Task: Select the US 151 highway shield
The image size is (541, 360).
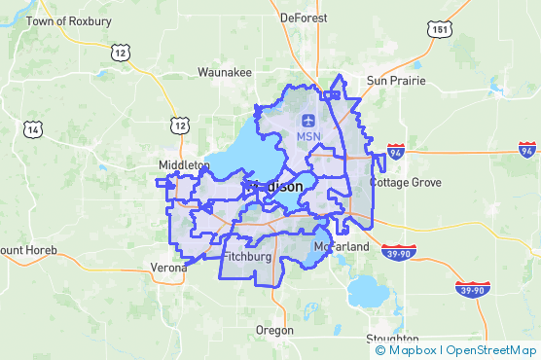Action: [x=443, y=30]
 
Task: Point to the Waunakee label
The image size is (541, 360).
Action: [x=225, y=72]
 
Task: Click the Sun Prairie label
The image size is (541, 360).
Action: [x=395, y=80]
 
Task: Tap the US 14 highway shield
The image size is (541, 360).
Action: [x=35, y=128]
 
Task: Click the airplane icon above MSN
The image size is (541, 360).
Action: [x=308, y=121]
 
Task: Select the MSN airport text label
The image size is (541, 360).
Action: [x=308, y=138]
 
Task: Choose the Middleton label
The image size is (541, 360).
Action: [x=184, y=165]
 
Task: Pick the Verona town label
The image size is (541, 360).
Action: [x=168, y=268]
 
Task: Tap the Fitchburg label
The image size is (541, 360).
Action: [x=245, y=256]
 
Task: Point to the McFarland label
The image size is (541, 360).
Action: [x=342, y=247]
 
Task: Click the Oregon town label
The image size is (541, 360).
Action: [x=273, y=331]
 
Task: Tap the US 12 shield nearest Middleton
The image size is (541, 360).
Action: [x=179, y=124]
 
